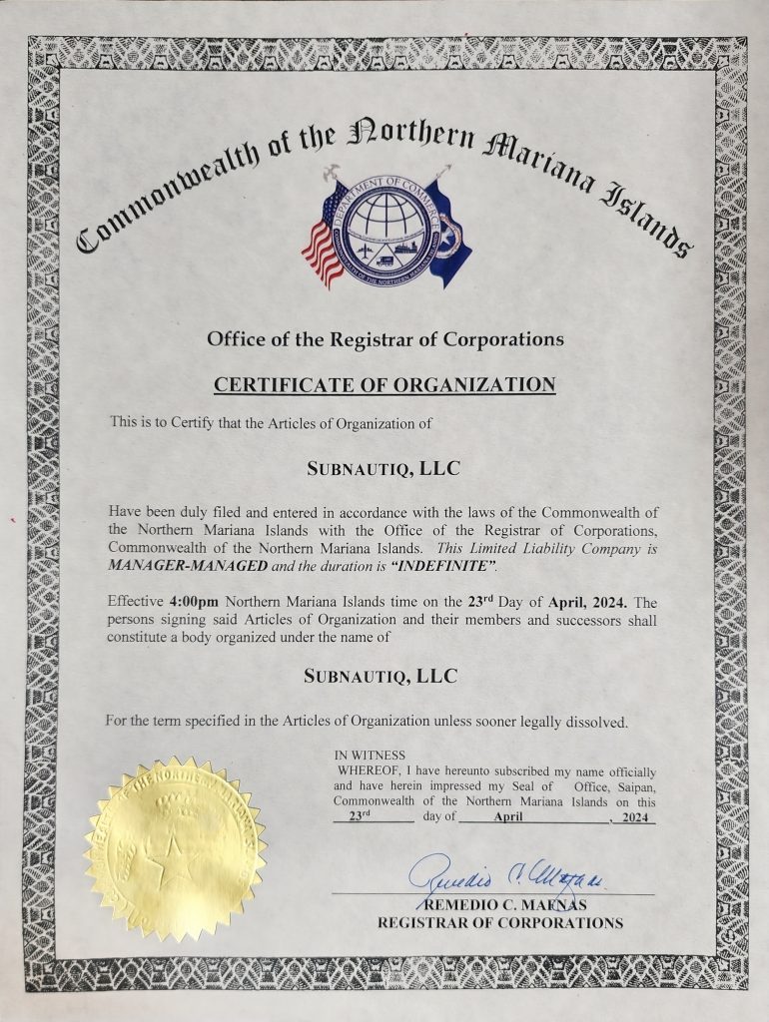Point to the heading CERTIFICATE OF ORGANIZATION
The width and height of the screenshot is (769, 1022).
(384, 383)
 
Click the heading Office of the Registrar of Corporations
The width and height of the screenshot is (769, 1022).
(384, 339)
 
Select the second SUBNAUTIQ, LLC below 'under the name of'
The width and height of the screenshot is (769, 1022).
(381, 676)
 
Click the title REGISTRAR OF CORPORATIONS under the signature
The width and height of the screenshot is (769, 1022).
(499, 923)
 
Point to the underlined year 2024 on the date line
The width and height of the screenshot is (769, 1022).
(635, 816)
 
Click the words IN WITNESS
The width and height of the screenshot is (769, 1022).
(370, 756)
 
